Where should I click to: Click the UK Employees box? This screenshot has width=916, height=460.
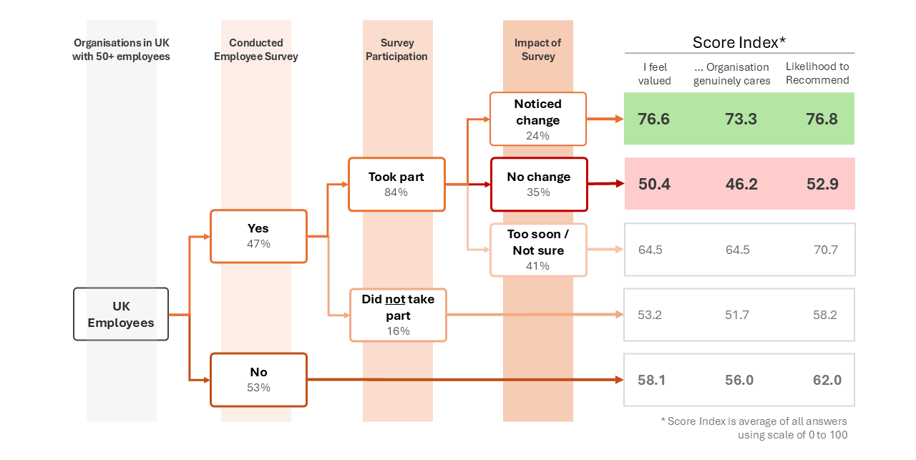(x=121, y=314)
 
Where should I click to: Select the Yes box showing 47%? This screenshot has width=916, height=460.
(x=258, y=236)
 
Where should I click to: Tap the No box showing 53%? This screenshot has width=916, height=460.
(x=258, y=379)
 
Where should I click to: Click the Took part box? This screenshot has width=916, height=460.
(x=396, y=184)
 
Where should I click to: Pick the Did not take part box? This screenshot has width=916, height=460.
(x=398, y=315)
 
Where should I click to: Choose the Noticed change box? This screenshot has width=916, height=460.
(x=537, y=119)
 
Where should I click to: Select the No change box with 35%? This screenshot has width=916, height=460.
(x=538, y=184)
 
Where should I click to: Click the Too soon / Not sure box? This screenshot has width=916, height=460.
(x=538, y=250)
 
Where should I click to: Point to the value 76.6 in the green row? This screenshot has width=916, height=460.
(x=654, y=119)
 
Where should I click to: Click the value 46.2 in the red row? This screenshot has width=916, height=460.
(x=741, y=184)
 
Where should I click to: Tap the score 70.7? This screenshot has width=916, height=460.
(x=825, y=250)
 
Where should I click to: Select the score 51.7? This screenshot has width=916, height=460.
(x=736, y=315)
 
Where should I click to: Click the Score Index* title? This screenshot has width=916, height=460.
(x=739, y=42)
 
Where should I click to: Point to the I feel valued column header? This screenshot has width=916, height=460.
(x=654, y=74)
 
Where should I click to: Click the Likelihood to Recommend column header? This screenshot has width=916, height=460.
(x=817, y=74)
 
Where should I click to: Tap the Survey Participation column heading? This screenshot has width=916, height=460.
(x=396, y=49)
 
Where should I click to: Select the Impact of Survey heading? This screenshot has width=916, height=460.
(x=537, y=49)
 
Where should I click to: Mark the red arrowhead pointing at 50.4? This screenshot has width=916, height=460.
(x=618, y=184)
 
